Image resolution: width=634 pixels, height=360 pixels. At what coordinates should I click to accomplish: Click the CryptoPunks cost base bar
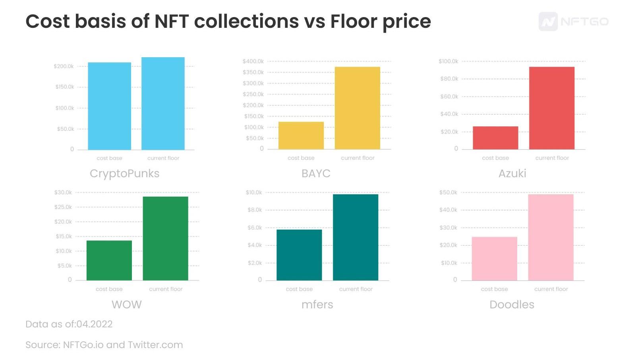(x=109, y=106)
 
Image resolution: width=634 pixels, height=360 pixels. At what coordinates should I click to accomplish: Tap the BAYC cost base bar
(x=301, y=135)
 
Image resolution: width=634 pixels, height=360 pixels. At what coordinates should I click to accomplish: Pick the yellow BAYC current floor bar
(x=358, y=108)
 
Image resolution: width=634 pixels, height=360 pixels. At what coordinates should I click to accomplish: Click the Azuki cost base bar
(x=495, y=138)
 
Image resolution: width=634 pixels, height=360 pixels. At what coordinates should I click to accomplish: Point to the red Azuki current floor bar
(x=552, y=108)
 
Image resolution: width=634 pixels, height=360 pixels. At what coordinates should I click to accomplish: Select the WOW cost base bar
(x=109, y=260)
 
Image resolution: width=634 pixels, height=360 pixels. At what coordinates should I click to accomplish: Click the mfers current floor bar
(x=356, y=237)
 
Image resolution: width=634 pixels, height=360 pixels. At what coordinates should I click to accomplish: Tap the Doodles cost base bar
(x=495, y=259)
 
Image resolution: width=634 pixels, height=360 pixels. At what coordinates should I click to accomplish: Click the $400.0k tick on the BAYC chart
(x=253, y=61)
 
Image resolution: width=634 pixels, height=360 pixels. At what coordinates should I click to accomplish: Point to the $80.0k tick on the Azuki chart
(x=449, y=79)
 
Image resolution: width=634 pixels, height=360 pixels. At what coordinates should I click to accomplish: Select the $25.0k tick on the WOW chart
(x=63, y=207)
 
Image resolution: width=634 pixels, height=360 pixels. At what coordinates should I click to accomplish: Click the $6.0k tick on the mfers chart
(x=255, y=228)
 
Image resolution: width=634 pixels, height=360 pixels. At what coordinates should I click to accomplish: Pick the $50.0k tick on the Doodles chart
(x=448, y=192)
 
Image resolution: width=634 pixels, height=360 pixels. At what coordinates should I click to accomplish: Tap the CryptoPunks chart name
(x=124, y=173)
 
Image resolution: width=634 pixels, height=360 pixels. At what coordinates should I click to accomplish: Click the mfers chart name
(x=317, y=304)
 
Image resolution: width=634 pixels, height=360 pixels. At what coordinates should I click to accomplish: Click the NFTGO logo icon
(x=548, y=21)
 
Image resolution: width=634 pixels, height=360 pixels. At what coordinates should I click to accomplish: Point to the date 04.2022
(x=94, y=324)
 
